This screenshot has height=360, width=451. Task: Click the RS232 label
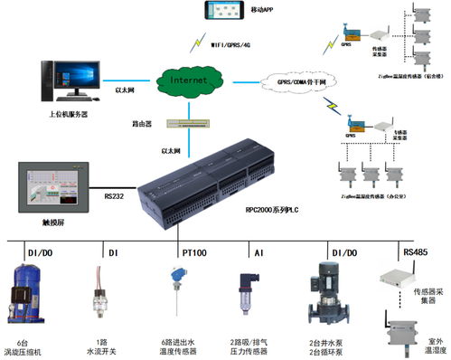[x=113, y=194]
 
